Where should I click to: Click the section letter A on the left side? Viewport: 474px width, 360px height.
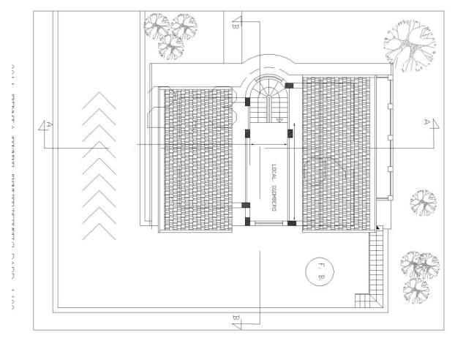tap(50, 125)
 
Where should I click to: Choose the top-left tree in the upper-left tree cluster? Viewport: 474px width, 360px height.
tap(157, 26)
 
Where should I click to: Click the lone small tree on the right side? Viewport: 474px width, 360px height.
tap(422, 201)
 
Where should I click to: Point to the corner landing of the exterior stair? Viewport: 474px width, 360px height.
tap(364, 300)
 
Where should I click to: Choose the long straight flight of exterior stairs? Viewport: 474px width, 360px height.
tap(378, 263)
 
